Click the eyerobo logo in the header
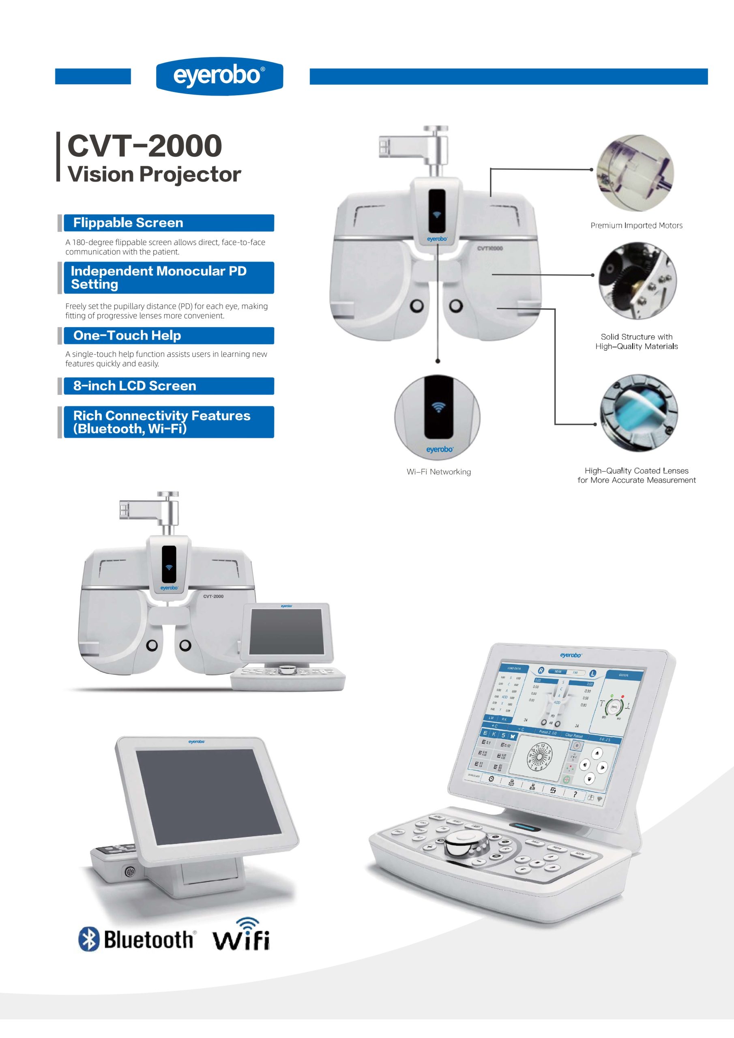tap(219, 76)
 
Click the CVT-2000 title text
tap(145, 146)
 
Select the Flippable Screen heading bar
tap(168, 223)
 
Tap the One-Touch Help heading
tap(168, 335)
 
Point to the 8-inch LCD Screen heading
tap(168, 386)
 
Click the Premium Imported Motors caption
tap(636, 225)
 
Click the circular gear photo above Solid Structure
tap(637, 281)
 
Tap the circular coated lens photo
tap(639, 412)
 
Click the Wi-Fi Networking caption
tap(438, 472)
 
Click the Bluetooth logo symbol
tap(89, 939)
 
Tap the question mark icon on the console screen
tap(575, 794)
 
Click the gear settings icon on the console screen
tap(491, 778)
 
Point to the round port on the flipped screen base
tap(130, 871)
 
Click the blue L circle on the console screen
tap(592, 673)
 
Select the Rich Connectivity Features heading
tap(168, 422)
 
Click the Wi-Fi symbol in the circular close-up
tap(437, 407)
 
